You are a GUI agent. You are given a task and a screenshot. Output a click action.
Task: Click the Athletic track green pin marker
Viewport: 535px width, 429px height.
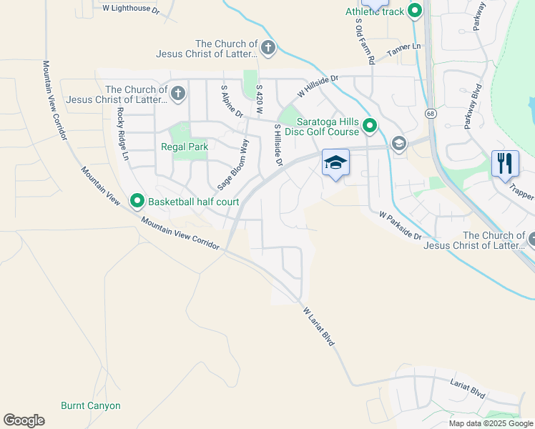(414, 11)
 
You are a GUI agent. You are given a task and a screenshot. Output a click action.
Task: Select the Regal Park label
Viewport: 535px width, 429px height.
(185, 147)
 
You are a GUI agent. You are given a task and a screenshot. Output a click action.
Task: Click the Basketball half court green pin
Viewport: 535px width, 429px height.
(137, 202)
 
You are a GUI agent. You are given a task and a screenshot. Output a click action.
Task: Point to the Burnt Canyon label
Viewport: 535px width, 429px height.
(91, 405)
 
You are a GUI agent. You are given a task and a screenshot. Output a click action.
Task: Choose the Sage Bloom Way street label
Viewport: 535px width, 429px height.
(234, 164)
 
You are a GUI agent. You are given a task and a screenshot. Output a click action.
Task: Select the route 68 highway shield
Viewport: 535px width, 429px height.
(430, 114)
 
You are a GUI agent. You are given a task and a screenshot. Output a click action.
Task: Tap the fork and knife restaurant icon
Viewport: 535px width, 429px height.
(505, 163)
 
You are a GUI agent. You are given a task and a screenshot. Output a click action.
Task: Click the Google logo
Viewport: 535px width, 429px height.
(24, 420)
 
